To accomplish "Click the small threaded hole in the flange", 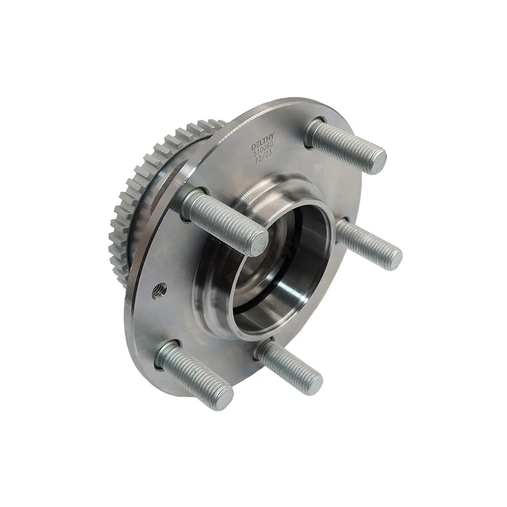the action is pyautogui.click(x=159, y=287).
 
